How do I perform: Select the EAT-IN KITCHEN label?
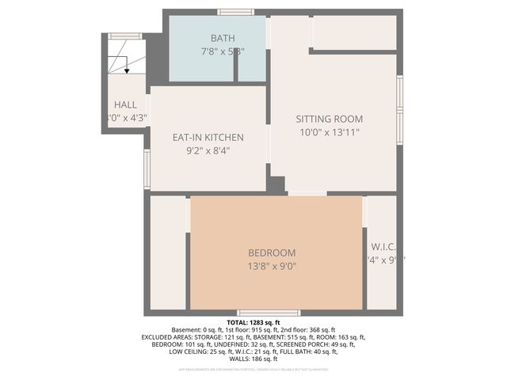[x=208, y=137]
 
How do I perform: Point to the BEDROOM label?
[x=272, y=253]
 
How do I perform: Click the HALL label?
[x=125, y=104]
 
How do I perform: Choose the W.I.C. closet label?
[x=383, y=245]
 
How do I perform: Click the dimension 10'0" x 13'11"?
[x=329, y=132]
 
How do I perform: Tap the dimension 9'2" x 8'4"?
[x=208, y=151]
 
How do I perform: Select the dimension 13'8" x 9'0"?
[x=272, y=267]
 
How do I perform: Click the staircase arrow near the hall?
[x=126, y=70]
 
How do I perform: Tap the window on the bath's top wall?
[x=236, y=12]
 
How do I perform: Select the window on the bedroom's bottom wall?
[x=269, y=313]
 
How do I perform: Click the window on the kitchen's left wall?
[x=147, y=169]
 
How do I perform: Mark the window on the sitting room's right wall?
[x=400, y=111]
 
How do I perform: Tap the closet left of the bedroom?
[x=167, y=253]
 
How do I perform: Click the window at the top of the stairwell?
[x=125, y=36]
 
